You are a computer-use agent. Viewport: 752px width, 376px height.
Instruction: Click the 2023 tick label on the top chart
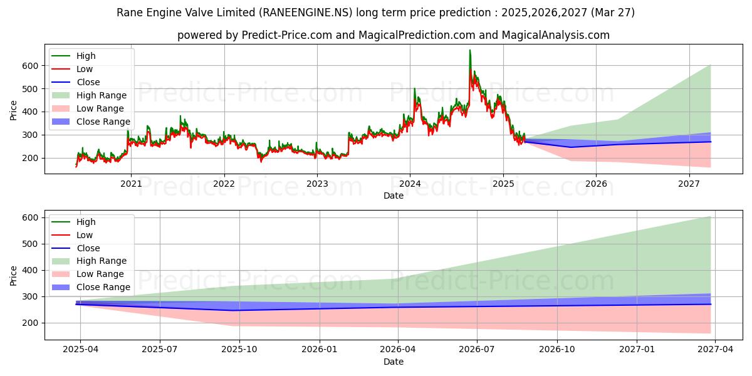(317, 184)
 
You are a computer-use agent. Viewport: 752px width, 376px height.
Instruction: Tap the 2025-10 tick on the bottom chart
(239, 350)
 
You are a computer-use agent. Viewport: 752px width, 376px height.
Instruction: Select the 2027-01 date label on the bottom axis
(637, 350)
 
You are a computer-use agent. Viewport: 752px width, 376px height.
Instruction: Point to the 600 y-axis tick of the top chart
(30, 66)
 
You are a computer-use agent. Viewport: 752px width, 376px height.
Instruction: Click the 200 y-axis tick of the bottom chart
(30, 323)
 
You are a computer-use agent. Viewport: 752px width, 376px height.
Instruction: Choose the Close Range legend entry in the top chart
(91, 122)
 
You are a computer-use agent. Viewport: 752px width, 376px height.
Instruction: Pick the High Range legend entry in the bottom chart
(89, 261)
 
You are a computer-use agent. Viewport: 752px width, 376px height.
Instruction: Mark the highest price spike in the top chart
(470, 50)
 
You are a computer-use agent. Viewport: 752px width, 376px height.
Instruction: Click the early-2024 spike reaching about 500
(415, 88)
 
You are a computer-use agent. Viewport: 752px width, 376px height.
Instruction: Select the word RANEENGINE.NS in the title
(306, 13)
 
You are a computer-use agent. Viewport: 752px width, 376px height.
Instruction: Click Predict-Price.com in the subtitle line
(287, 35)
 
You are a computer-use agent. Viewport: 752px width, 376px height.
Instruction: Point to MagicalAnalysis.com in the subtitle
(556, 35)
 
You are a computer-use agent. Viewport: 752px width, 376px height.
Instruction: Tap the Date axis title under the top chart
(394, 196)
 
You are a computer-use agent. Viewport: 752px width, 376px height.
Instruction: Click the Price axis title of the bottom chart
(13, 276)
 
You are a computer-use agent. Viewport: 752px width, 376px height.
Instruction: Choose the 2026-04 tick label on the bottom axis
(398, 350)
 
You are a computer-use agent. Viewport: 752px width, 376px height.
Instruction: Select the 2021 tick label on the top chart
(131, 184)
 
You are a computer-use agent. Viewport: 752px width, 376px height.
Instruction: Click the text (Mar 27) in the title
(613, 13)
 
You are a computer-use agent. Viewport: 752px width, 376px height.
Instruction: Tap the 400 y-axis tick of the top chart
(30, 112)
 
